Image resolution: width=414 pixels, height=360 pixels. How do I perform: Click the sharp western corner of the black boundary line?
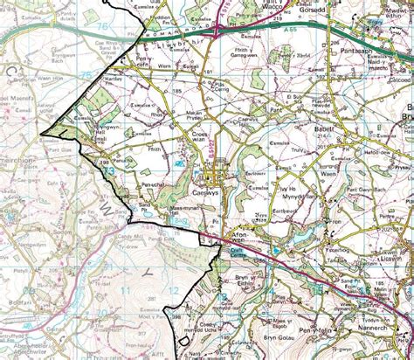click(x=40, y=133)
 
